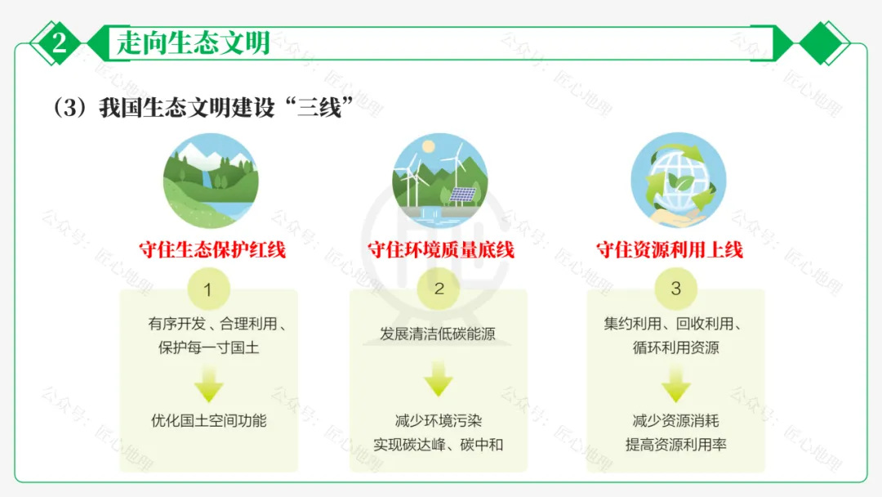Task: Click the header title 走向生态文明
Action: (x=193, y=43)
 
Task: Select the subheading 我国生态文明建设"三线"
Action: (x=208, y=108)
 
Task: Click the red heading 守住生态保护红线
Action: (x=212, y=250)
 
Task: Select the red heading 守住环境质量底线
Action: (x=441, y=250)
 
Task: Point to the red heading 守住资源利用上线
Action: (x=670, y=250)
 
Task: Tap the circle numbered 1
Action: (x=208, y=289)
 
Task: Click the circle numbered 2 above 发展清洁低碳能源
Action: (x=439, y=289)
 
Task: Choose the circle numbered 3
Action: (x=675, y=289)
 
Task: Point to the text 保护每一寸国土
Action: (x=209, y=347)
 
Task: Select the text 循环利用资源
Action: (x=675, y=347)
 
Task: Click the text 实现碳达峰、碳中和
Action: (x=439, y=446)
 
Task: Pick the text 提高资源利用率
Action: (x=675, y=446)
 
